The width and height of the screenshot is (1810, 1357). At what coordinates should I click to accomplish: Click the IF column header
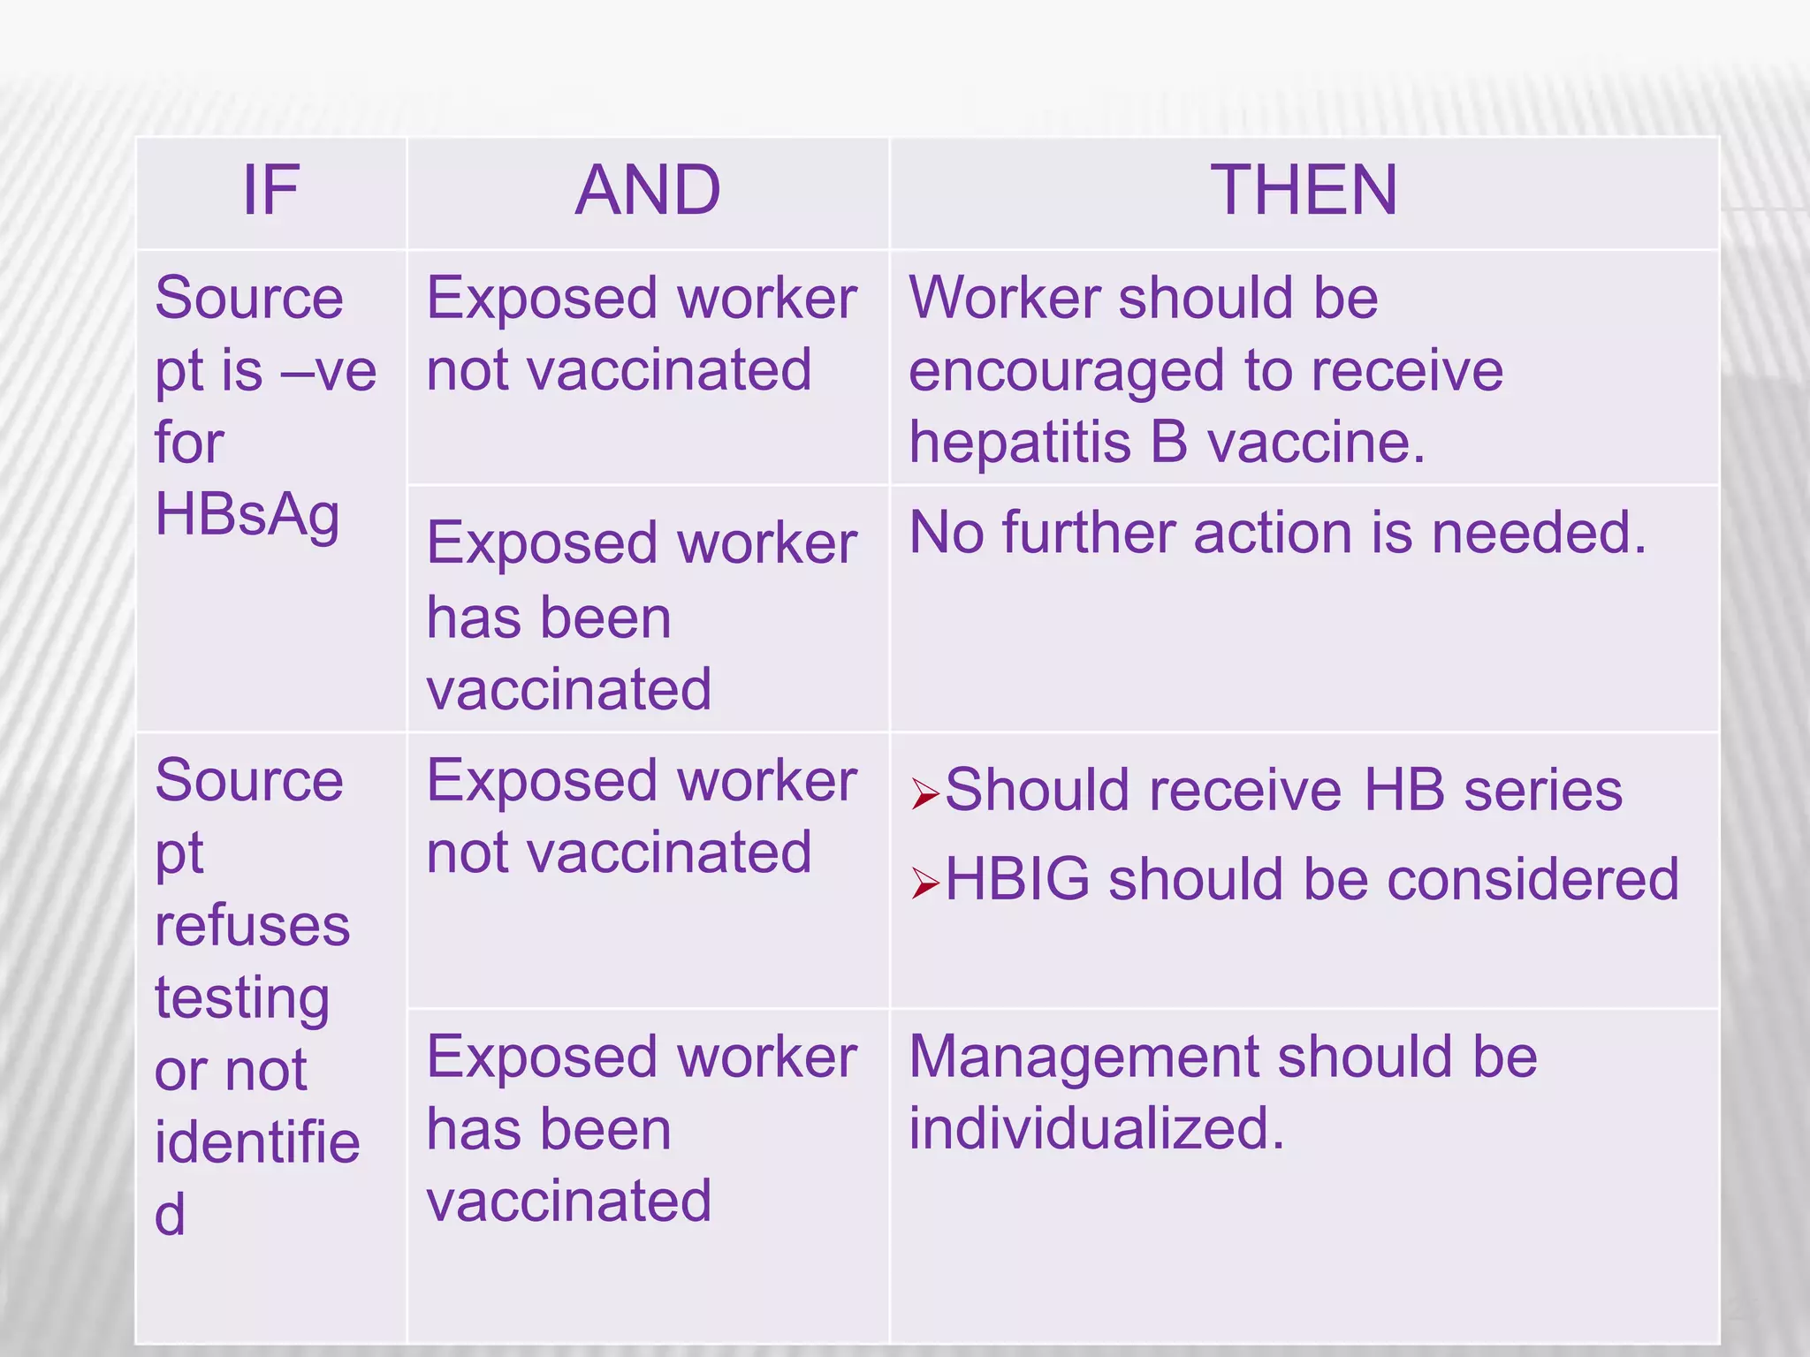270,191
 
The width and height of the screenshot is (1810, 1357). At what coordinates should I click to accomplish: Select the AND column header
648,191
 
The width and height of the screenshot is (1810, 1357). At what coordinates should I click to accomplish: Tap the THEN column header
1304,191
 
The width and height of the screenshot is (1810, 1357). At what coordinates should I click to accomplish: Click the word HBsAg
247,515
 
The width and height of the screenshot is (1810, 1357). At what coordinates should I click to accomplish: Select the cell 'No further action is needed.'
1278,534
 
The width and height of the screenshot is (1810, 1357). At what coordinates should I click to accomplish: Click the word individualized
1097,1129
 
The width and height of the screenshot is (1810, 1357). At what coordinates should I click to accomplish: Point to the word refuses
253,926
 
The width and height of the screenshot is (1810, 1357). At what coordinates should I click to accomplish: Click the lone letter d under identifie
170,1215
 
